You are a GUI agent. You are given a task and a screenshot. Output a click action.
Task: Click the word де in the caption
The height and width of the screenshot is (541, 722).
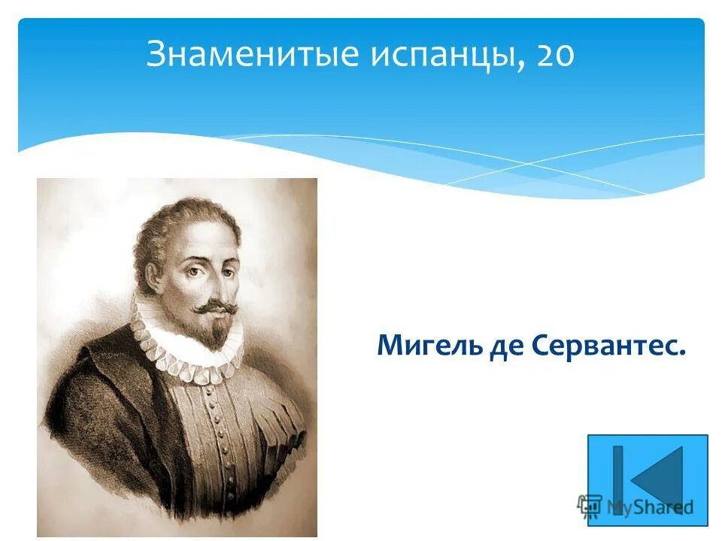tap(514, 346)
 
